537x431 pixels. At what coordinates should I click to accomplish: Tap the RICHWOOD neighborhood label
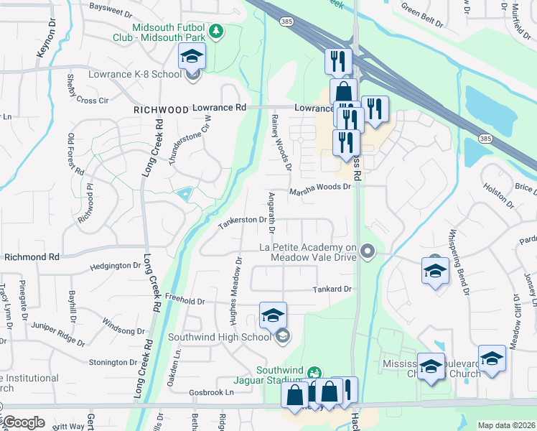pos(160,110)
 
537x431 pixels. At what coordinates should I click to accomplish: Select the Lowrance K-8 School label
pos(135,74)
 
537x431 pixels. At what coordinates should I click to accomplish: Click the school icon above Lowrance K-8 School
pos(192,57)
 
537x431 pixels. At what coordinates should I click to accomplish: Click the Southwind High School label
pos(219,336)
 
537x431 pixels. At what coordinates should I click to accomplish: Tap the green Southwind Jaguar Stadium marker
pos(313,373)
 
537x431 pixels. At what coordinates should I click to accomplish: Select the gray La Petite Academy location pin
pos(368,251)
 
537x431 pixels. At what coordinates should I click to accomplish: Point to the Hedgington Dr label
pos(116,266)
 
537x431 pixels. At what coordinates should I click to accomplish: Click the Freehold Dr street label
pos(185,302)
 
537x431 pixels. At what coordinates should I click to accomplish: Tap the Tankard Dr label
pos(331,289)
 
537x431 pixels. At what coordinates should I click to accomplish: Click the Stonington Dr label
pos(112,363)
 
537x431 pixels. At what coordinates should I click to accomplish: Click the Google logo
pos(23,422)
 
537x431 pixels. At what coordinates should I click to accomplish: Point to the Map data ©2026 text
pos(505,425)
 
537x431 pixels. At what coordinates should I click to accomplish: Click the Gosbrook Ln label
pos(213,393)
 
